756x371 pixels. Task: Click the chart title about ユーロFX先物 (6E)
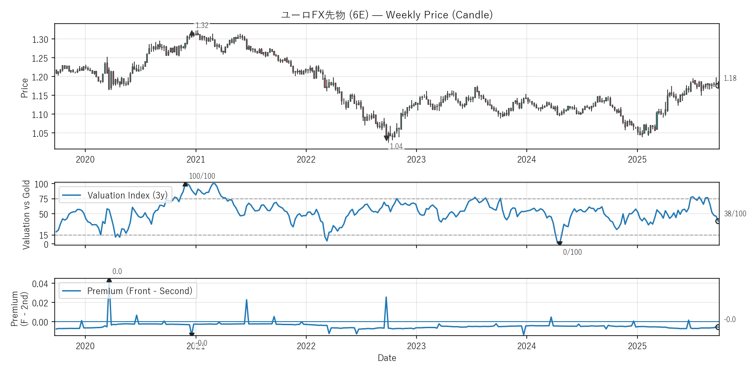click(x=387, y=15)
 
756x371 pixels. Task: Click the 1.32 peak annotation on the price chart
click(x=202, y=25)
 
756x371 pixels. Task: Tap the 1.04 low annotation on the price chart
click(x=396, y=146)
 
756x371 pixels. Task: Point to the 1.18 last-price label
click(x=730, y=78)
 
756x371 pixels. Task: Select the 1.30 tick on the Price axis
click(x=40, y=39)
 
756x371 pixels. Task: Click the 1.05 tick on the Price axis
click(x=40, y=133)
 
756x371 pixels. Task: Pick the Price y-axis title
click(x=24, y=88)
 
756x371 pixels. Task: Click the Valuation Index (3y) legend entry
click(x=115, y=195)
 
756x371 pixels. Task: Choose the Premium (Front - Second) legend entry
click(x=128, y=291)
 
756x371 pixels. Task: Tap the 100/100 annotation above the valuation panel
click(x=202, y=176)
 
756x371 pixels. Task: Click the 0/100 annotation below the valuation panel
click(x=572, y=252)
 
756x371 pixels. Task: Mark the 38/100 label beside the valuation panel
click(x=735, y=214)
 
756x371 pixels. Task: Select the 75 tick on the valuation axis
click(x=43, y=199)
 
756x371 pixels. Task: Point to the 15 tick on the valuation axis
click(x=43, y=235)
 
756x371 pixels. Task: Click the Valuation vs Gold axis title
click(x=26, y=215)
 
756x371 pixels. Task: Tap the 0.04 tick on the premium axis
click(x=40, y=284)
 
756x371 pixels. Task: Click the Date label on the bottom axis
click(x=387, y=358)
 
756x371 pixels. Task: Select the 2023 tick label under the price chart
click(x=416, y=159)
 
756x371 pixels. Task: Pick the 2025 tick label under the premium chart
click(x=637, y=346)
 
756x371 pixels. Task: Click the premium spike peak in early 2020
click(x=109, y=281)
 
